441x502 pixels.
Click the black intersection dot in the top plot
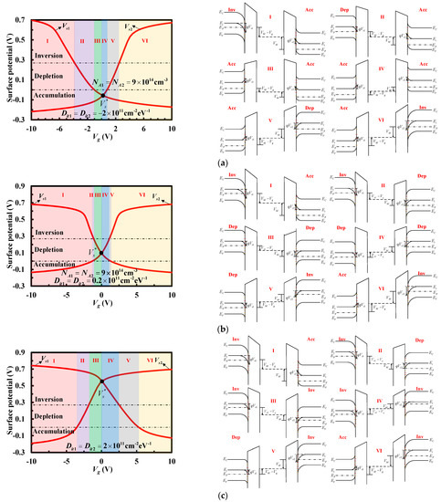[x=103, y=94]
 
